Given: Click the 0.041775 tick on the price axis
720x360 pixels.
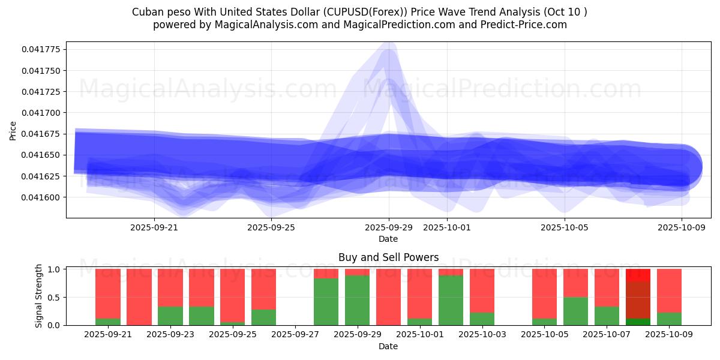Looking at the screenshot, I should click(x=43, y=49).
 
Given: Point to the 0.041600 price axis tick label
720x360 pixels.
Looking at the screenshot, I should click(x=43, y=197).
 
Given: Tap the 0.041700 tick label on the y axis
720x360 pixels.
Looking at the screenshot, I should click(x=43, y=113).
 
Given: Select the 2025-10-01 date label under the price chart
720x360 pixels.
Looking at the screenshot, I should click(x=447, y=227).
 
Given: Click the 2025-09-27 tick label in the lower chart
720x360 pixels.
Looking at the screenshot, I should click(x=295, y=335).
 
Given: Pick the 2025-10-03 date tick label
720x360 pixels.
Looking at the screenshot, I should click(x=482, y=335).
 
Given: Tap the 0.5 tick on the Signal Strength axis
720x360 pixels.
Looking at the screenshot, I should click(x=54, y=298).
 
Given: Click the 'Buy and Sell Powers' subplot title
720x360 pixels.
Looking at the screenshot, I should click(x=388, y=257).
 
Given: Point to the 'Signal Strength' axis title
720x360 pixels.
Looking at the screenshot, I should click(x=39, y=296).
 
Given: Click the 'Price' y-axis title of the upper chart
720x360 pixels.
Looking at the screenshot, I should click(x=13, y=130).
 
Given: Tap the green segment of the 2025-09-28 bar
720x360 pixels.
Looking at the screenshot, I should click(x=326, y=301).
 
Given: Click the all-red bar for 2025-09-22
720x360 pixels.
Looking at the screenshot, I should click(x=139, y=297).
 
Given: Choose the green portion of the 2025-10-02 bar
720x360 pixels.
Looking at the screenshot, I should click(x=451, y=300).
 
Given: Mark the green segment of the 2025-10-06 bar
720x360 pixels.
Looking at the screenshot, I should click(x=575, y=311).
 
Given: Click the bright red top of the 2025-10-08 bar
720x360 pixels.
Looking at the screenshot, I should click(x=638, y=275).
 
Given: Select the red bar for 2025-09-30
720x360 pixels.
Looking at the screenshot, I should click(x=388, y=297).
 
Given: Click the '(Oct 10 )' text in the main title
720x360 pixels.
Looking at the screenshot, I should click(x=565, y=12).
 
